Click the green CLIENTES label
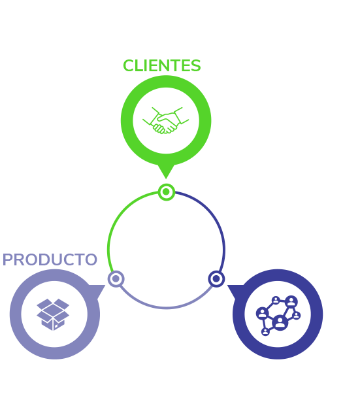pyautogui.click(x=161, y=65)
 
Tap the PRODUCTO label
pyautogui.click(x=50, y=259)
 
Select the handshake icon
pyautogui.click(x=166, y=120)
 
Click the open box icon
pyautogui.click(x=53, y=314)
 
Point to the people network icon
pyautogui.click(x=278, y=316)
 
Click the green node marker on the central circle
pyautogui.click(x=166, y=192)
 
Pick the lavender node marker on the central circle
pyautogui.click(x=116, y=278)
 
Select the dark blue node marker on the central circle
pyautogui.click(x=216, y=278)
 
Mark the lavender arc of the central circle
pyautogui.click(x=166, y=308)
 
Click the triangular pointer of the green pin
pyautogui.click(x=166, y=171)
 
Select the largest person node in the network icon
pyautogui.click(x=280, y=323)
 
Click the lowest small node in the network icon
pyautogui.click(x=265, y=332)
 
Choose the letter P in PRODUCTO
pyautogui.click(x=7, y=259)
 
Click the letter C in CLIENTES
pyautogui.click(x=129, y=66)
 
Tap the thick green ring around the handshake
pyautogui.click(x=127, y=120)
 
